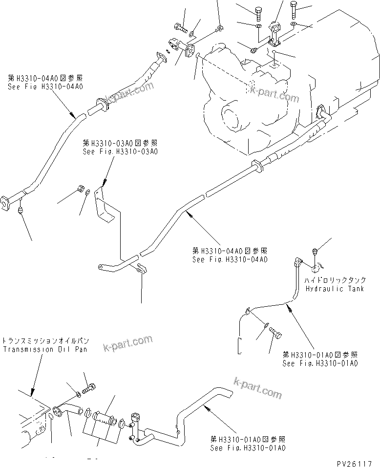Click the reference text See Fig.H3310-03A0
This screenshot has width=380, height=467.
click(120, 151)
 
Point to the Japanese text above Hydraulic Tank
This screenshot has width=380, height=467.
click(335, 280)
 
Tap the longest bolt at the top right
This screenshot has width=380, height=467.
click(294, 9)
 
